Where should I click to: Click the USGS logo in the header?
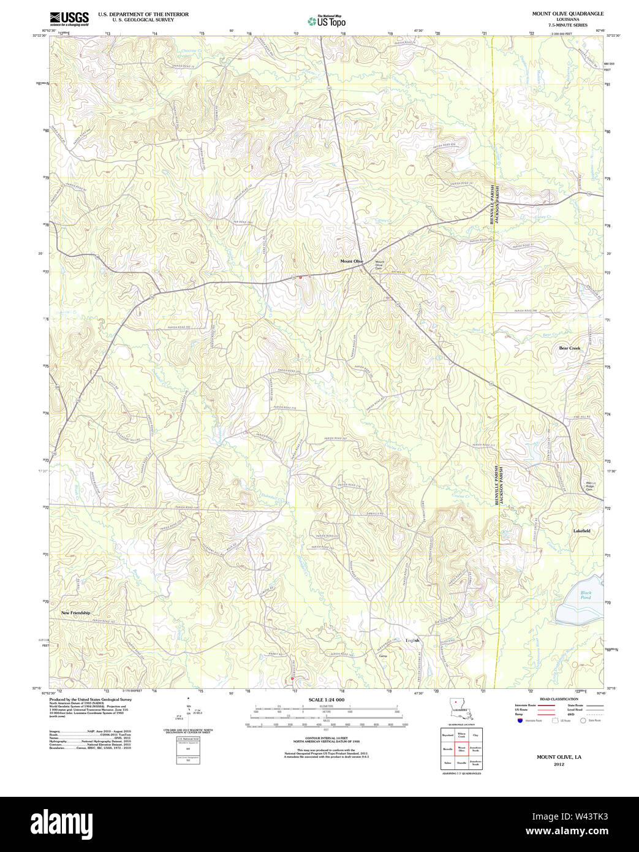69,18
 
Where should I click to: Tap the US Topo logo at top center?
327,21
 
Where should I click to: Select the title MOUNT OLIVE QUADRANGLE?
567,13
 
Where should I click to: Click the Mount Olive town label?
352,261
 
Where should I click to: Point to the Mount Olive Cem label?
379,265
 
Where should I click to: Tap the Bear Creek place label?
569,348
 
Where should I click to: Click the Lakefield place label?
581,531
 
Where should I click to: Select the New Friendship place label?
75,613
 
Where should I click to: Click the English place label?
412,641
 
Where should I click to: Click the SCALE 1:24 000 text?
327,700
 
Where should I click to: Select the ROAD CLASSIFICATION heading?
558,699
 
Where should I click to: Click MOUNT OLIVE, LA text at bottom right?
559,757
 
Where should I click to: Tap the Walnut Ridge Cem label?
589,485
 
